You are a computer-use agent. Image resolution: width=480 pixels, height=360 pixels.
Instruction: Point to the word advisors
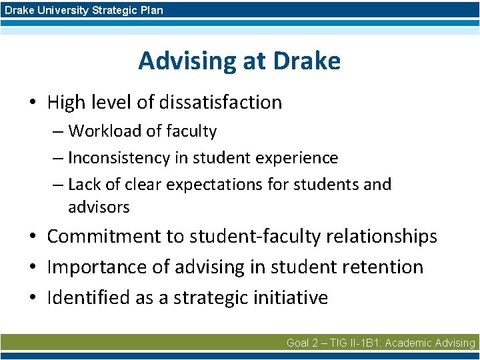pyautogui.click(x=99, y=207)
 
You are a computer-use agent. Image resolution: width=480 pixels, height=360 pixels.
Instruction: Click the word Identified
pyautogui.click(x=89, y=297)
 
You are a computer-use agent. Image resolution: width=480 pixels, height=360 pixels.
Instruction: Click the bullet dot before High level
pyautogui.click(x=33, y=103)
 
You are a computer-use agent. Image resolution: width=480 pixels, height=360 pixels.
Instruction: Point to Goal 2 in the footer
pyautogui.click(x=303, y=343)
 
